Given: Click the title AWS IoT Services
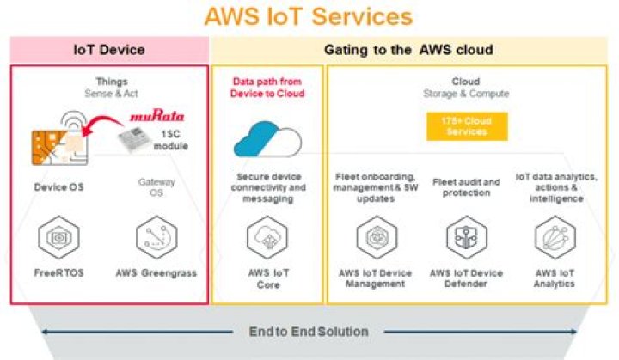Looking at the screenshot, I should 308,16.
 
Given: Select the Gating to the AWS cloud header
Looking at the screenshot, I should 408,50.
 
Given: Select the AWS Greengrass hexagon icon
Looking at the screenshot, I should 156,234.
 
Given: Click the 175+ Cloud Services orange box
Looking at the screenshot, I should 467,126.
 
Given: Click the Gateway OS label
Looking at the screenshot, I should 156,186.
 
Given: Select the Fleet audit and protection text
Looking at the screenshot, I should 465,187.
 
